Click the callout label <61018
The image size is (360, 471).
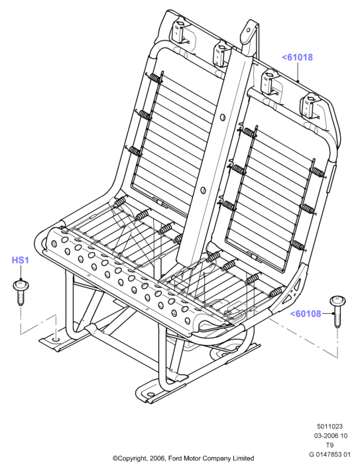click(297, 57)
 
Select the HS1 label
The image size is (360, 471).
click(21, 260)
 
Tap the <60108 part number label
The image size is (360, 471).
click(306, 314)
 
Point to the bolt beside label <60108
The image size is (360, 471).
click(337, 311)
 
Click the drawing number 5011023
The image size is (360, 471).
click(330, 427)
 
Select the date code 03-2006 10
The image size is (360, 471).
click(331, 436)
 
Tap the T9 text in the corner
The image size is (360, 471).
click(330, 445)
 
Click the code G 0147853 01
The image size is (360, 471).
click(330, 454)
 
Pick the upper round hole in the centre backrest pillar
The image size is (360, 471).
click(223, 117)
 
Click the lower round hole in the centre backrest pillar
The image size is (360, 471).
click(204, 190)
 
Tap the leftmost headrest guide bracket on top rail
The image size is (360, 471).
click(178, 32)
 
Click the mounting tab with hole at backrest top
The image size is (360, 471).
click(249, 30)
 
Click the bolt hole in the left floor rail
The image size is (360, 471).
click(56, 340)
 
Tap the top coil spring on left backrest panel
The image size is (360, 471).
click(155, 78)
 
